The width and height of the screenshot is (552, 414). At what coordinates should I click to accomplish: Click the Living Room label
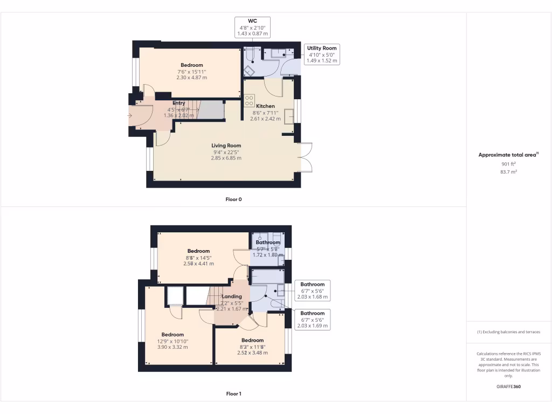(226, 146)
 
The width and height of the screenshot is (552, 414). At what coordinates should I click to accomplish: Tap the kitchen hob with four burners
(249, 100)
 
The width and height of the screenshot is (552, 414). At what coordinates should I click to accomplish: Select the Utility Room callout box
(322, 54)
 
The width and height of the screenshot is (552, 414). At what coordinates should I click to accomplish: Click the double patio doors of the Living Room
(305, 157)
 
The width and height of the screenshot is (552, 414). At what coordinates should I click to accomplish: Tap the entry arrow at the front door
(130, 115)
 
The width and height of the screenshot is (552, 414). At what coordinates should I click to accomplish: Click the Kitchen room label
(265, 106)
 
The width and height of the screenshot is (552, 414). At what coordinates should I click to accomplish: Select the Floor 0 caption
(233, 199)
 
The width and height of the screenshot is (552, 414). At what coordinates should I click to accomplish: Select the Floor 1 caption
(233, 394)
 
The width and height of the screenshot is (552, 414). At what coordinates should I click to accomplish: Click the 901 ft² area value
(508, 164)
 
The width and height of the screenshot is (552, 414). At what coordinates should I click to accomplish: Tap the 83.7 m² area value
(508, 172)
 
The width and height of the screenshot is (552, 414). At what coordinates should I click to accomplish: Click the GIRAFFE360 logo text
(508, 387)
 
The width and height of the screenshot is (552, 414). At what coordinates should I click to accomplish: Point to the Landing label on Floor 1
(232, 296)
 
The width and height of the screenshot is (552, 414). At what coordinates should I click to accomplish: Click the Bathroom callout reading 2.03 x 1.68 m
(312, 291)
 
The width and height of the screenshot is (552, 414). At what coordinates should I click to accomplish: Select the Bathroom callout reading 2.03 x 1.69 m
(312, 320)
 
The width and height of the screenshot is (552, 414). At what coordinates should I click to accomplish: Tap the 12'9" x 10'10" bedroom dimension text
(172, 341)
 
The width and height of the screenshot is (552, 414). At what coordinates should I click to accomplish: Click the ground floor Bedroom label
(191, 65)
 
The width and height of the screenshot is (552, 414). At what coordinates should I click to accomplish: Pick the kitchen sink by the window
(289, 115)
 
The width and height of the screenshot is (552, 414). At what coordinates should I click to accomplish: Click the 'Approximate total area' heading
(508, 155)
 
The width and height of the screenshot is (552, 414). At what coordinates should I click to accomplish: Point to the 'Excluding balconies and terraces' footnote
(508, 332)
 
